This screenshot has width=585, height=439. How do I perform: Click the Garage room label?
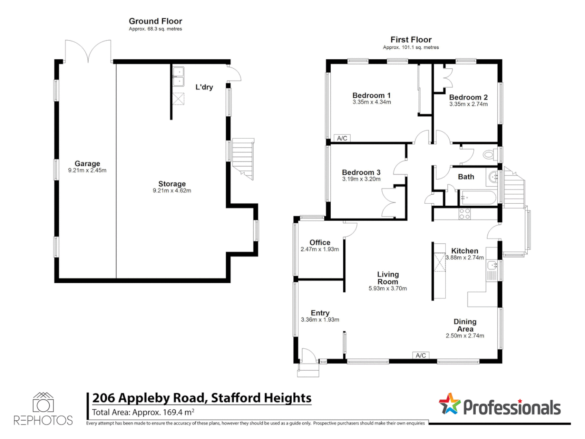point(87,163)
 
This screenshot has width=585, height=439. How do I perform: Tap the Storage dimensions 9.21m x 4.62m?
point(172,191)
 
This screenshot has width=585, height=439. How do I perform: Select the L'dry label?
point(204,87)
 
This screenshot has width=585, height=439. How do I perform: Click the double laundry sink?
point(178,77)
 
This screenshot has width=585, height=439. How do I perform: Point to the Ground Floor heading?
point(155,21)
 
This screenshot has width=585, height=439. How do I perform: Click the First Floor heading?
point(411,39)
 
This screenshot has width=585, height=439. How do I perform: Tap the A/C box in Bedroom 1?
point(342,138)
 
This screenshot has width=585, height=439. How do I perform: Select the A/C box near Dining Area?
point(421,355)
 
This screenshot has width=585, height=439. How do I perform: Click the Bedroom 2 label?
point(468,97)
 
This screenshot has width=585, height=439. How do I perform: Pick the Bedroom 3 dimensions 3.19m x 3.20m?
point(361,179)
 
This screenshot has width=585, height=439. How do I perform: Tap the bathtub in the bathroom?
point(478,198)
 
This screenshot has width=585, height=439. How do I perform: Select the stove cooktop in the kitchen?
point(464,214)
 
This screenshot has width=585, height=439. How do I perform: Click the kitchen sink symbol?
point(492,265)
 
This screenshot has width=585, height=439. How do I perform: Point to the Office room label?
point(320,242)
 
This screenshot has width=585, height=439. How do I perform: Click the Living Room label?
point(388,278)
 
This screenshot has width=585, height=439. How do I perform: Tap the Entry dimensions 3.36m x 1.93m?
point(320,320)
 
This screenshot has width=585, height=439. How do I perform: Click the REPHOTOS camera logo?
point(43,403)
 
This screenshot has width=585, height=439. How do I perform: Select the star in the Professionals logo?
point(449,404)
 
